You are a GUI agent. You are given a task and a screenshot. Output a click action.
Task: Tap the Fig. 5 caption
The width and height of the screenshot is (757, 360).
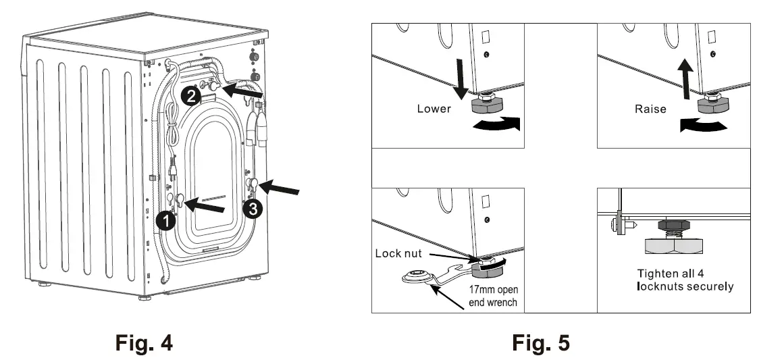tap(540, 342)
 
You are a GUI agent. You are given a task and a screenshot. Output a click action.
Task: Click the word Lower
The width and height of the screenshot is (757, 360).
tap(434, 108)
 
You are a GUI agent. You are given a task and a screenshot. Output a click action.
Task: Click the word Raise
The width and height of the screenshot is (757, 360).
tap(650, 108)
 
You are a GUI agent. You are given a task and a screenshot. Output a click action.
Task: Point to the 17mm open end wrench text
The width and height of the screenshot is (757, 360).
tap(494, 296)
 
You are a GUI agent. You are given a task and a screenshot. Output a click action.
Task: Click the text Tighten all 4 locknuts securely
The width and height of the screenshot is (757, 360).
tap(685, 280)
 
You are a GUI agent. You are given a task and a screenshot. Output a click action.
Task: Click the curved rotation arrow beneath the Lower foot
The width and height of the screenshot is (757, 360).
tap(496, 124)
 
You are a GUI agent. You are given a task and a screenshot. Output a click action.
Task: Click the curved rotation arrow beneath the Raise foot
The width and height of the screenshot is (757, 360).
tap(704, 125)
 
